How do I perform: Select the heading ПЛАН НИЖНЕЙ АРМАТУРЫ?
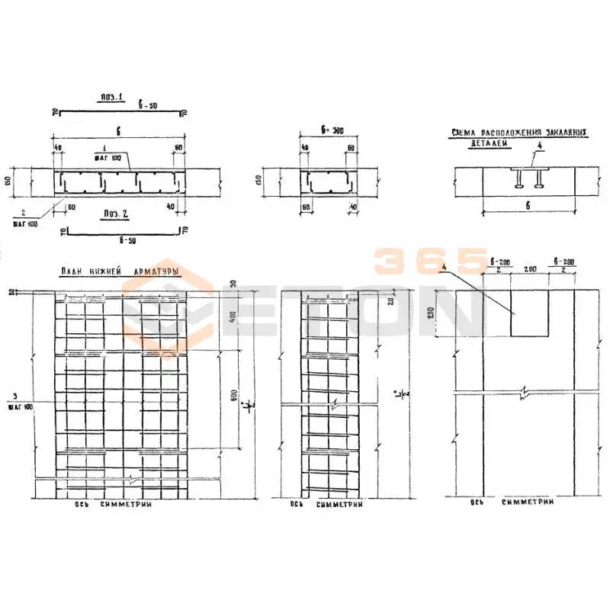[x=119, y=271]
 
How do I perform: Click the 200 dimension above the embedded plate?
[x=531, y=270]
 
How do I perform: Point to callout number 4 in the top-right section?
[x=538, y=145]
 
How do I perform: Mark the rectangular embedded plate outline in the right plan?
[x=531, y=313]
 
